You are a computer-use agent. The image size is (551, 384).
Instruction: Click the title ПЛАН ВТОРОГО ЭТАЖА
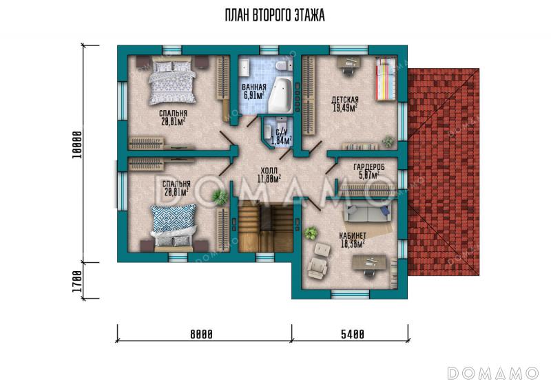274,15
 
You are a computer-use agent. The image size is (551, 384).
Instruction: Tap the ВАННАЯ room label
253,87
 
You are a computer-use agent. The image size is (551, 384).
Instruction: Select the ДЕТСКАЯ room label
345,100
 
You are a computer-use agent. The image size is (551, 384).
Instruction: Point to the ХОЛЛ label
269,171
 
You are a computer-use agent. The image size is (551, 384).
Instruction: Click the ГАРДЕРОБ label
369,167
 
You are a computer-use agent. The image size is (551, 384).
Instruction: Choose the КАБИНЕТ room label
353,235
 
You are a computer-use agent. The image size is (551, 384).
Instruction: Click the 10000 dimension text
77,145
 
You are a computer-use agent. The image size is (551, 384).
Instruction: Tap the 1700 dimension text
77,281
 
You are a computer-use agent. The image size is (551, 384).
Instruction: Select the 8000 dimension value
201,334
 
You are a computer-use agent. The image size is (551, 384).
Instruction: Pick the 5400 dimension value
353,334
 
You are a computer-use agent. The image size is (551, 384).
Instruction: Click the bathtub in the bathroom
280,95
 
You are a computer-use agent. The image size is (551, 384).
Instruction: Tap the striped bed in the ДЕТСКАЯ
386,79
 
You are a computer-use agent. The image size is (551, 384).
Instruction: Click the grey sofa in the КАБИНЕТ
368,213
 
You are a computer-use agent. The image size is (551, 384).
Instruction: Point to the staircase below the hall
266,226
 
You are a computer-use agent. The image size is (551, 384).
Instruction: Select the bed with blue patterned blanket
174,226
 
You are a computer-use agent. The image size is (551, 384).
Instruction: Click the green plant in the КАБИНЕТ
311,233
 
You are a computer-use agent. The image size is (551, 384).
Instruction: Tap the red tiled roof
444,172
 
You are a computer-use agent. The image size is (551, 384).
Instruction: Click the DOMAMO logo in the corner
492,373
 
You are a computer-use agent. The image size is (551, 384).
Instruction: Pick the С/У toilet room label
282,132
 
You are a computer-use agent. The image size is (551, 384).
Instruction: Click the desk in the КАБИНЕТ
369,262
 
